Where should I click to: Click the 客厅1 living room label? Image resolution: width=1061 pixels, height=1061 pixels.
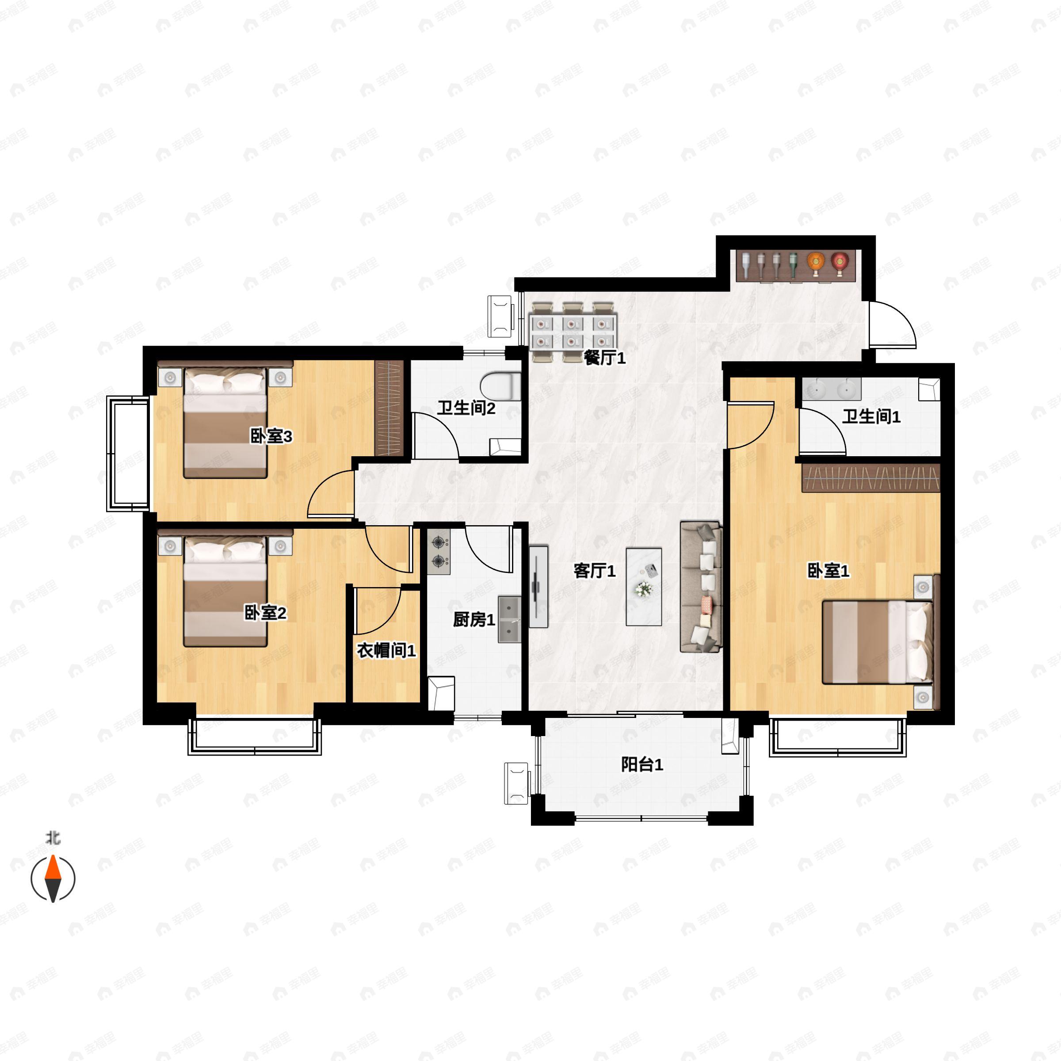(x=594, y=571)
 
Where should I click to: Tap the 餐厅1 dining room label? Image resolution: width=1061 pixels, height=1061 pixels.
(x=605, y=358)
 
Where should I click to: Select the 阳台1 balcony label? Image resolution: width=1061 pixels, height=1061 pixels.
(x=642, y=764)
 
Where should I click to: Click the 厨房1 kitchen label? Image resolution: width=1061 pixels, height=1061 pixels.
(x=474, y=620)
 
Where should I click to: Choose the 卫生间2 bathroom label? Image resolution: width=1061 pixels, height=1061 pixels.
(x=466, y=408)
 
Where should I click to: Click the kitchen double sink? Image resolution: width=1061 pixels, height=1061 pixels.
(x=510, y=619)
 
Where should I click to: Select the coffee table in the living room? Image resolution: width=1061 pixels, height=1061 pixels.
(x=644, y=587)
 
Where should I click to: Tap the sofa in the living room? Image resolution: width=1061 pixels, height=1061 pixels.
(x=700, y=587)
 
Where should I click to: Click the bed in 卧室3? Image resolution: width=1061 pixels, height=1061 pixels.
(x=225, y=420)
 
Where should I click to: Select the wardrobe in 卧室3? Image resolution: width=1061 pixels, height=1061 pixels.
(x=389, y=408)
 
